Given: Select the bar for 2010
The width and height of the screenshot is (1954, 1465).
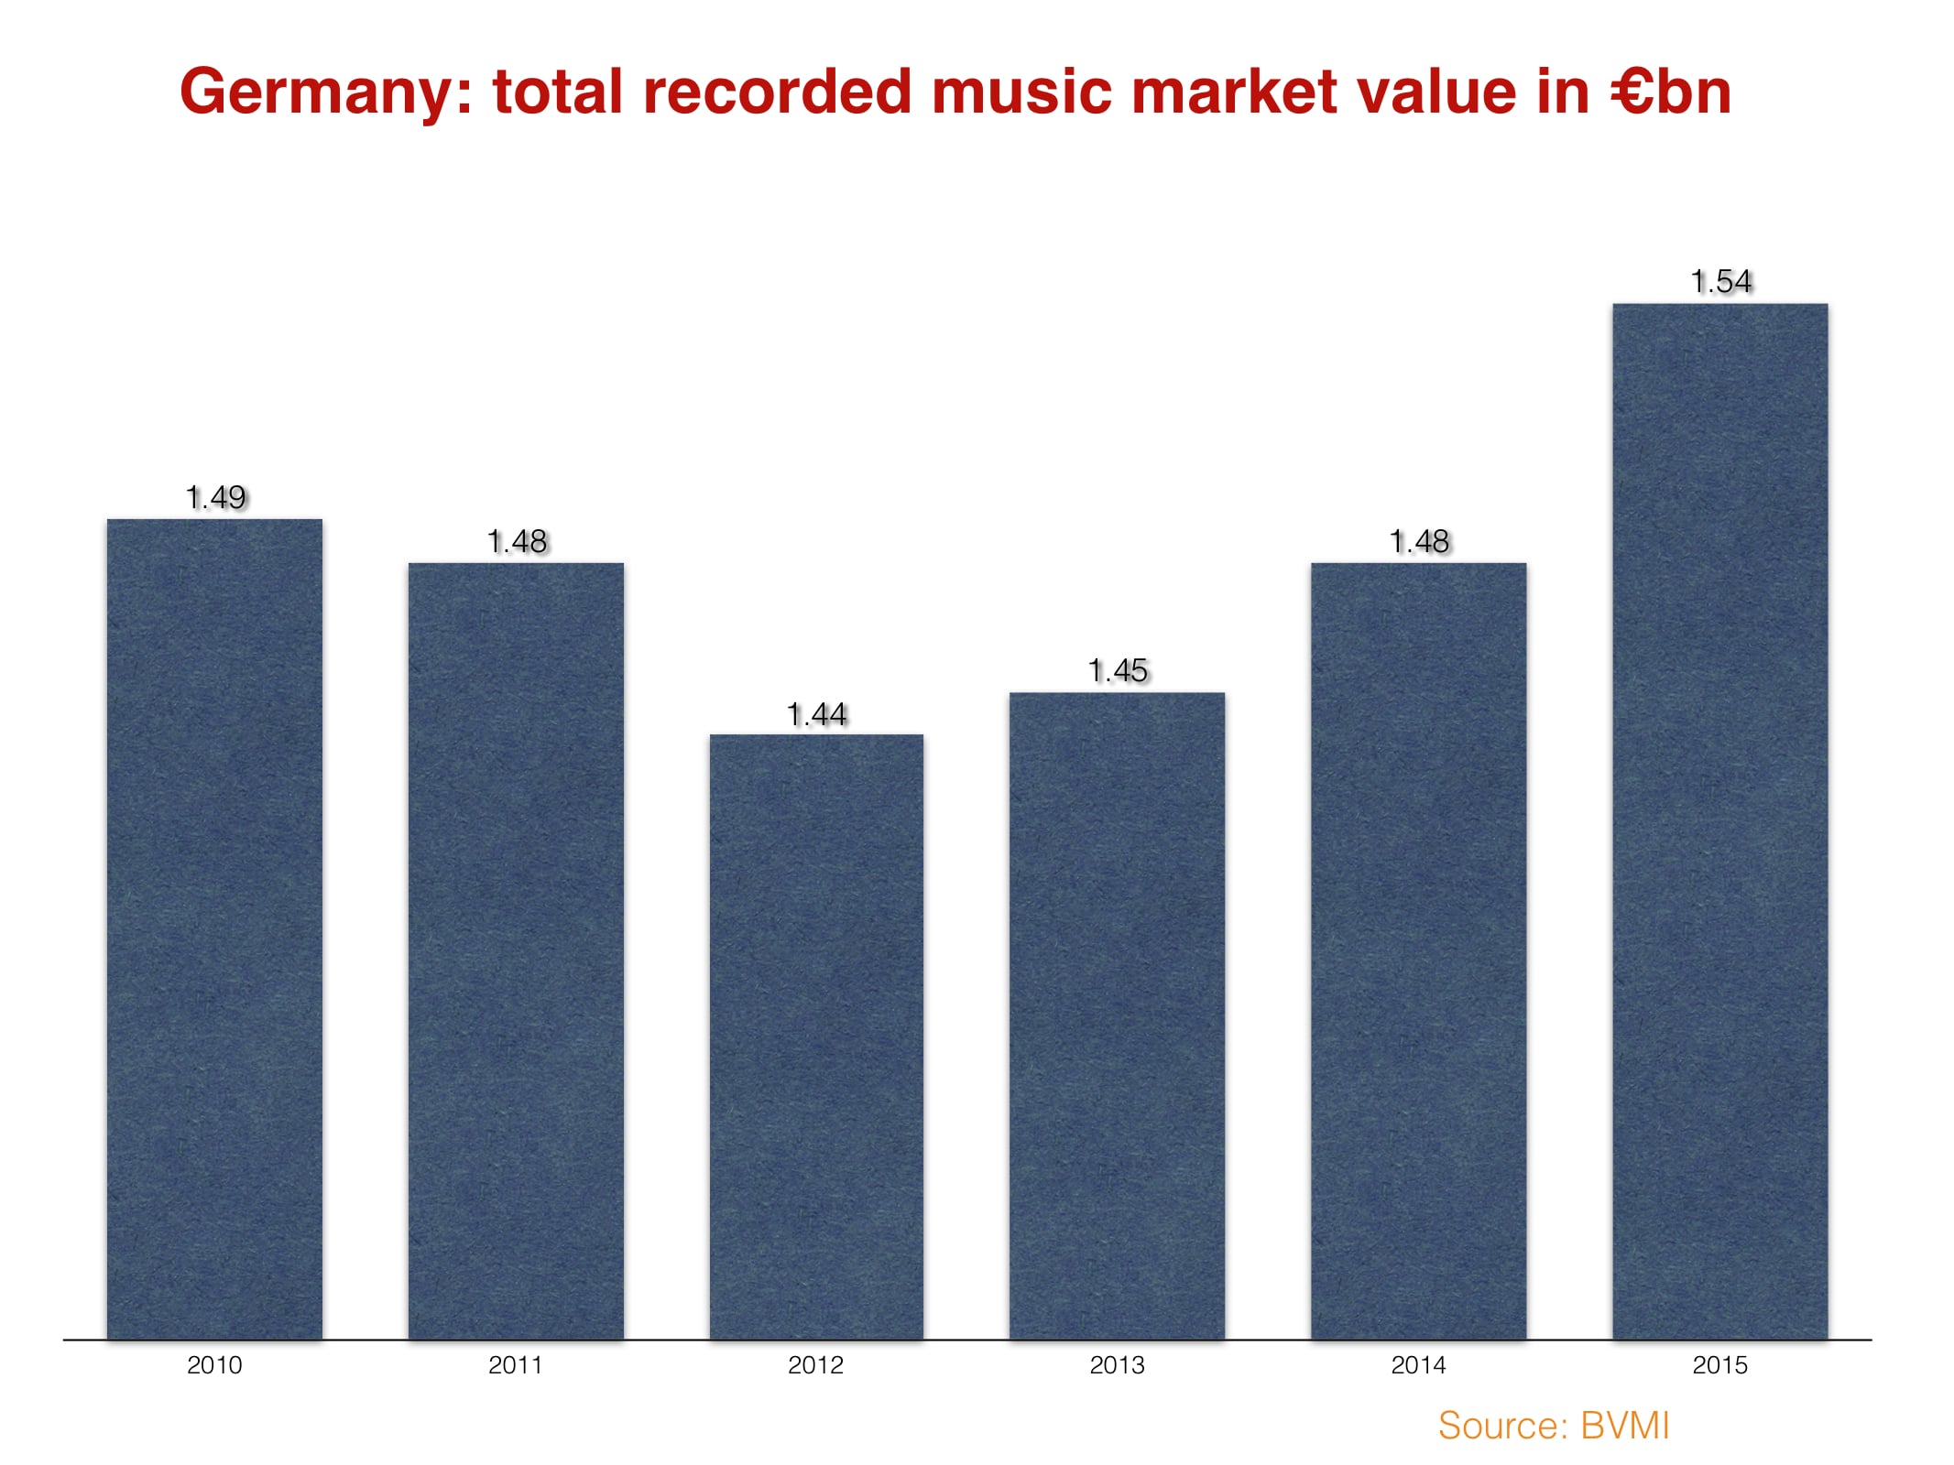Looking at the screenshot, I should (x=214, y=928).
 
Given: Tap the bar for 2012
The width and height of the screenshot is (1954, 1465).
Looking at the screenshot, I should (x=816, y=1036).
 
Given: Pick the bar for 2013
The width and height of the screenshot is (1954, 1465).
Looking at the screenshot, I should (x=1117, y=1015).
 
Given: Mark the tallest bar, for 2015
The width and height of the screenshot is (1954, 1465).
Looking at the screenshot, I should (x=1719, y=820).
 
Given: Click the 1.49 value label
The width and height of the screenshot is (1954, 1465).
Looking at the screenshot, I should (x=215, y=497).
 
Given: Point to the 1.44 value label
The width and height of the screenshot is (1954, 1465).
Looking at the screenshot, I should (x=816, y=714).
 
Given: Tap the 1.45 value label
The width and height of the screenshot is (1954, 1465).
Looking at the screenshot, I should (x=1117, y=670).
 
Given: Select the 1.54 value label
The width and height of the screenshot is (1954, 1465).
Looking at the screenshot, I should (x=1720, y=281).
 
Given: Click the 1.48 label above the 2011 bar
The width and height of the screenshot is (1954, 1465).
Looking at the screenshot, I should (x=517, y=541).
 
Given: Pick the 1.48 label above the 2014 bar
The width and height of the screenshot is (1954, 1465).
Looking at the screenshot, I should (x=1419, y=541).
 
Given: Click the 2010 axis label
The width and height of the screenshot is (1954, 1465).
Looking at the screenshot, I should (x=214, y=1365).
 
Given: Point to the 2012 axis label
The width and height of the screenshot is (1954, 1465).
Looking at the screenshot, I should (x=815, y=1365).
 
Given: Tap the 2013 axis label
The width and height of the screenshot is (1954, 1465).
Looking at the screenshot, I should (x=1117, y=1365).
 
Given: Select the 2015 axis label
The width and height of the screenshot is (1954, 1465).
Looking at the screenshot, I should (x=1719, y=1365).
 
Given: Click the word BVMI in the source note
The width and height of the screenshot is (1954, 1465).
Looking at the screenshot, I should (x=1624, y=1426).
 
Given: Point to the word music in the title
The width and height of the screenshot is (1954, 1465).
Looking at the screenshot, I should (x=1021, y=92).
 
